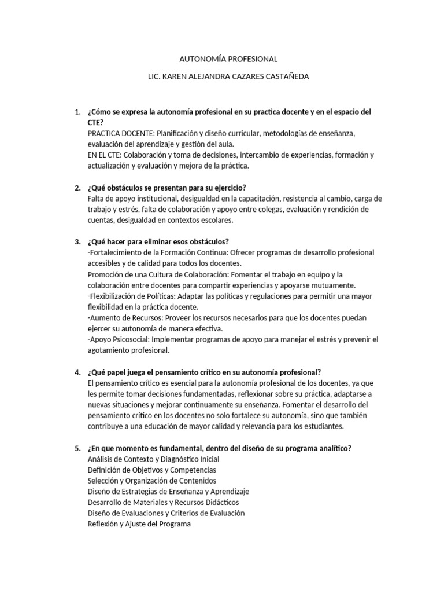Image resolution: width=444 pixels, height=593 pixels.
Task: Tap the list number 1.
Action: tap(77, 111)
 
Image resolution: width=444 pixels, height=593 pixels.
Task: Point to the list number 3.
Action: tap(77, 241)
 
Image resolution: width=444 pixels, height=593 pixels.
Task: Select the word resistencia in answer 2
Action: tap(313, 199)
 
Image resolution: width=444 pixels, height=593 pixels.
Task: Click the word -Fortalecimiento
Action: tap(116, 252)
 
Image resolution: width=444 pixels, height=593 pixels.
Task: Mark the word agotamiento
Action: tap(109, 350)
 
